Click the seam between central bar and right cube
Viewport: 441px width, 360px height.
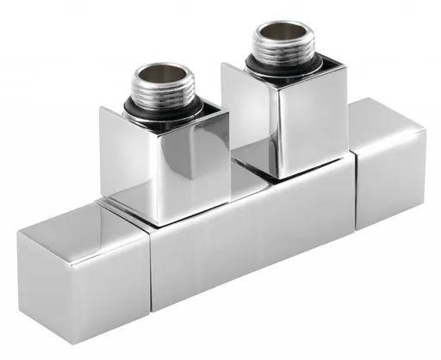[353, 185]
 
